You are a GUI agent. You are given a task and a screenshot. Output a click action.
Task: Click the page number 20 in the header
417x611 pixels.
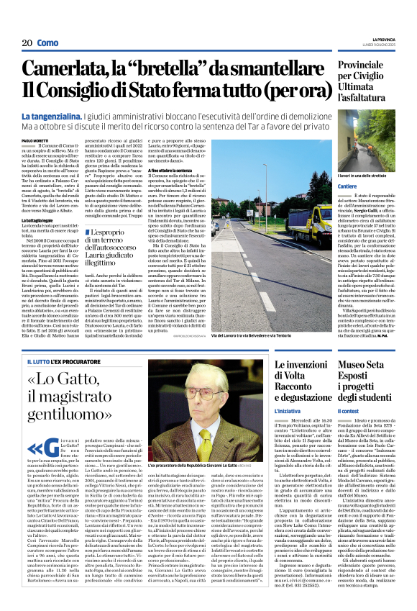(27, 43)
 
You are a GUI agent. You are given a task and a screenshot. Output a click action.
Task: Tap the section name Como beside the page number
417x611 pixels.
(47, 43)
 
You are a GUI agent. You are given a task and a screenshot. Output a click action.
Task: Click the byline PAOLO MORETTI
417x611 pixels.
(35, 140)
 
